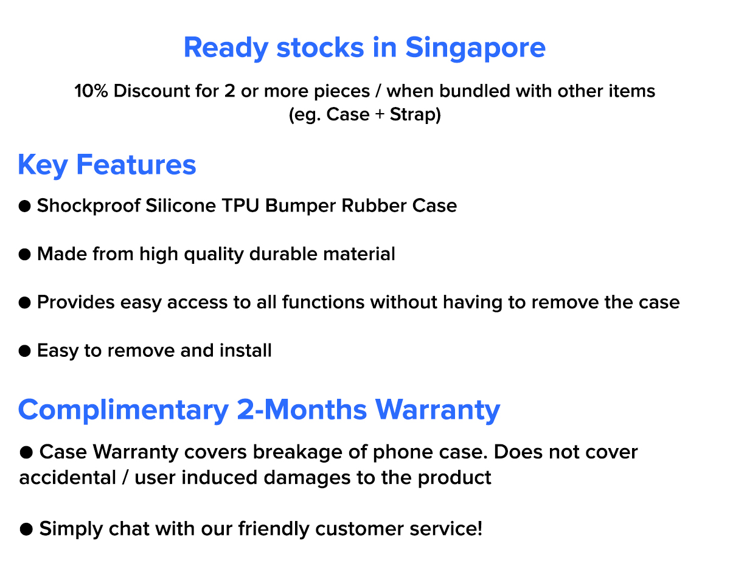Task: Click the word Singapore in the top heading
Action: (x=475, y=49)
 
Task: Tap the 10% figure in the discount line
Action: (x=91, y=91)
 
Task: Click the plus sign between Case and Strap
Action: (x=380, y=114)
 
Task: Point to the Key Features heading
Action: (x=107, y=165)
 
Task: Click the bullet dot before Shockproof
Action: (x=24, y=206)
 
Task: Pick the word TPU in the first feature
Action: (x=240, y=205)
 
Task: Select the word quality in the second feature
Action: (x=214, y=255)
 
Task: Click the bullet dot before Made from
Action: (x=24, y=254)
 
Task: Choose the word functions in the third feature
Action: (x=323, y=302)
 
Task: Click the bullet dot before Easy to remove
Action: (x=24, y=351)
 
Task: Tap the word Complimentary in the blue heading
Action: (x=123, y=410)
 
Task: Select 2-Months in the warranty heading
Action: (x=302, y=410)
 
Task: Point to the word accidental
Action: (x=68, y=478)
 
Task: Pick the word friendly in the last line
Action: (x=274, y=529)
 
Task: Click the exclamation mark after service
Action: (x=479, y=528)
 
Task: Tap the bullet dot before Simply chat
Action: (x=26, y=529)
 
